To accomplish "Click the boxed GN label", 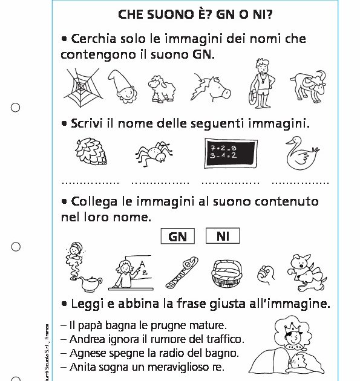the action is tap(177, 236).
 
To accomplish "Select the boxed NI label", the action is tap(222, 236).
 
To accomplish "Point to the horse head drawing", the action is tap(212, 86).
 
